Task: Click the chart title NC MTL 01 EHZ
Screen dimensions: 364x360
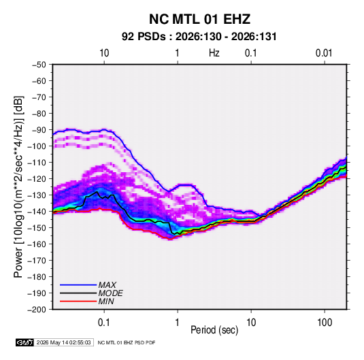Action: [x=199, y=19]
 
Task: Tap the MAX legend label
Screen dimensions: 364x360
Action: [x=107, y=285]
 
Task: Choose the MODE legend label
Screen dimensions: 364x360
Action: [x=110, y=293]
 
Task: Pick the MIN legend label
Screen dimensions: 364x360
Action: [x=106, y=301]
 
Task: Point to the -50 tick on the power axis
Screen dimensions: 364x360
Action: [x=39, y=65]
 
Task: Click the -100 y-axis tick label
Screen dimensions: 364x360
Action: [x=37, y=146]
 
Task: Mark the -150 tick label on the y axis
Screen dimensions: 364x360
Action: [x=37, y=228]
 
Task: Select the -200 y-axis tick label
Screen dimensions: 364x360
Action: [x=37, y=310]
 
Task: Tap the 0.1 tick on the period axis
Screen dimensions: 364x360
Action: [x=104, y=323]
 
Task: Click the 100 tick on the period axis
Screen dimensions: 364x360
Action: [x=325, y=323]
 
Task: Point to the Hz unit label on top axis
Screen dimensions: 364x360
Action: [x=214, y=53]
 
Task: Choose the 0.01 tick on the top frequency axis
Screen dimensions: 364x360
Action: [x=324, y=53]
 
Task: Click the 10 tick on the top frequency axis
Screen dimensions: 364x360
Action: [x=104, y=53]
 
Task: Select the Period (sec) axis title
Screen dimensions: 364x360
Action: [x=214, y=330]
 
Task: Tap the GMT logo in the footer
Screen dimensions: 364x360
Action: [x=25, y=342]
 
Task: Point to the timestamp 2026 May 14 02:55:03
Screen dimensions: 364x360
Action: [x=63, y=342]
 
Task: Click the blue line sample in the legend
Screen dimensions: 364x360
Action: [x=78, y=285]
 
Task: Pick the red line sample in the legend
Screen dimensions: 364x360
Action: [x=78, y=301]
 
